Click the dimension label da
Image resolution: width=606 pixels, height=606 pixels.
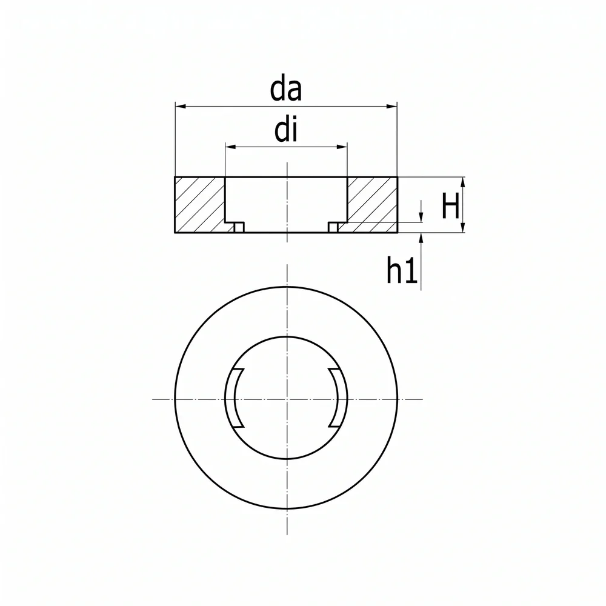click(x=285, y=90)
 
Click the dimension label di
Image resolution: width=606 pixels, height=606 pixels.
click(x=286, y=131)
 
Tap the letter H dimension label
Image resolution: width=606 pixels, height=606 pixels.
click(x=450, y=206)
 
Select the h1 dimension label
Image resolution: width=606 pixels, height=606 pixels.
click(x=402, y=271)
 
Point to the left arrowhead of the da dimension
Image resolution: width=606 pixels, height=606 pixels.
click(x=181, y=106)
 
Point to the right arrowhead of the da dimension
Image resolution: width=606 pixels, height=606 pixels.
click(x=391, y=106)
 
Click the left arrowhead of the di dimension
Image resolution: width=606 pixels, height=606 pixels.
click(x=231, y=147)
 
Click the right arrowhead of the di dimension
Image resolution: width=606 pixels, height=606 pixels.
click(x=342, y=147)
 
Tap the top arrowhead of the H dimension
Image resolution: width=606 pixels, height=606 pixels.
click(x=463, y=183)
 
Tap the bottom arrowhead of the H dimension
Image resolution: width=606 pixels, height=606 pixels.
click(x=463, y=227)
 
